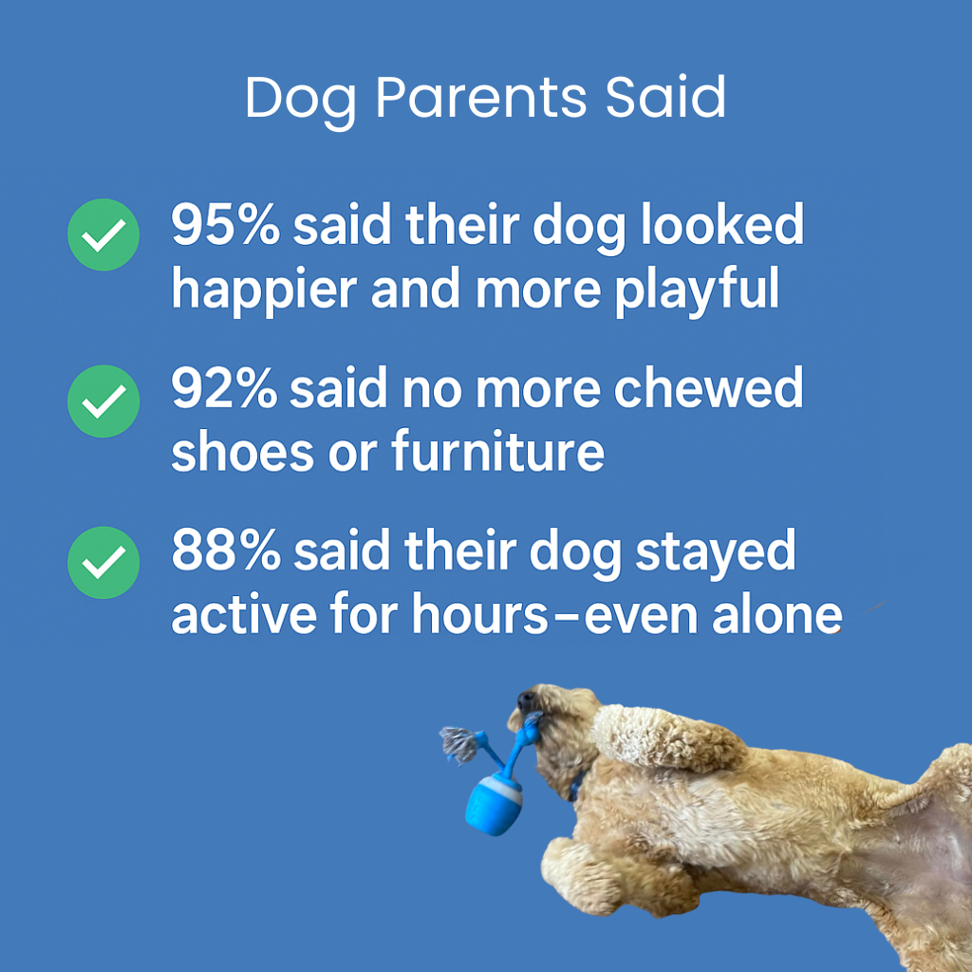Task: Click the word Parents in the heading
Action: pos(480,98)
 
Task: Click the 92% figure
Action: pos(224,387)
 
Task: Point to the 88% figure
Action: pos(226,550)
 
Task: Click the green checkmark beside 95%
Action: pos(103,235)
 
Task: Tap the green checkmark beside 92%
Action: pos(103,402)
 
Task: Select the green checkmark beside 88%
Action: pos(103,562)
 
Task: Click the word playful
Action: pos(696,291)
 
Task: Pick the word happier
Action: pos(264,291)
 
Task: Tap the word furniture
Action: pos(497,450)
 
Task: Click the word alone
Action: pos(777,614)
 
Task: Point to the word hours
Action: pos(480,614)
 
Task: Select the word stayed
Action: pos(716,554)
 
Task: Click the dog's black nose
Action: pos(526,701)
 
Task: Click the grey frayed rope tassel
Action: pos(459,744)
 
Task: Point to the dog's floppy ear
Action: pos(666,737)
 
